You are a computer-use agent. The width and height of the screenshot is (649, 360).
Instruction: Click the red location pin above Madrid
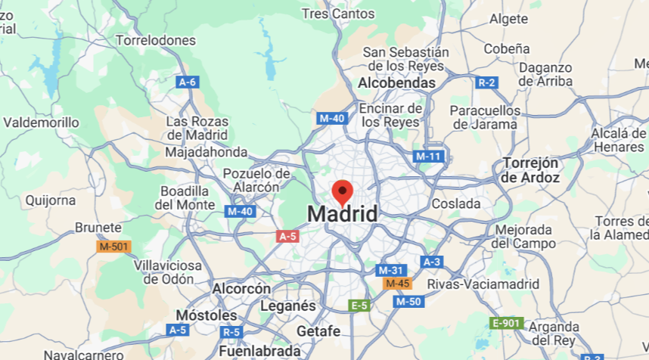343,191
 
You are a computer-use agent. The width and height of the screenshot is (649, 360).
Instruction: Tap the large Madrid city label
342,214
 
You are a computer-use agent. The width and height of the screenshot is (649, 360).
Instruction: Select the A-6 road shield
188,82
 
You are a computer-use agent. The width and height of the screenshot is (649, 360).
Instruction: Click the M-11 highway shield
428,157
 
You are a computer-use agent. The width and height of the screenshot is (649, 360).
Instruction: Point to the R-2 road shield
487,82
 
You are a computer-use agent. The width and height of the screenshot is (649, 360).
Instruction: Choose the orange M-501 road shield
114,247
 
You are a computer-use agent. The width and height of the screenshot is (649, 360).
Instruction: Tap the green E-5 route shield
359,306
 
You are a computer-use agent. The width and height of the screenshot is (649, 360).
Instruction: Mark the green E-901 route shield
507,324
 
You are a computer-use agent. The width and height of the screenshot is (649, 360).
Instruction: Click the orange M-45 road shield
397,284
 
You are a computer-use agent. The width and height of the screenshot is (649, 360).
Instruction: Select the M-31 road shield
391,270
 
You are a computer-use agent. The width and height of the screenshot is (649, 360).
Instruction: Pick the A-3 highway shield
431,262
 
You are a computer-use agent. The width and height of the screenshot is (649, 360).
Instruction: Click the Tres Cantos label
337,14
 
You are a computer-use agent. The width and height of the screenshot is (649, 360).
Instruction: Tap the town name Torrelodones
156,40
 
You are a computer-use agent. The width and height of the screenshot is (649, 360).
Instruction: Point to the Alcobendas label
397,82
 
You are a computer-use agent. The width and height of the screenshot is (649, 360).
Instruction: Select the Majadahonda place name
206,152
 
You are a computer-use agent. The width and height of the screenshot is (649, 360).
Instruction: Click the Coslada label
456,204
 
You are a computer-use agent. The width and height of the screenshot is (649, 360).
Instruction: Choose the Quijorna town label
51,200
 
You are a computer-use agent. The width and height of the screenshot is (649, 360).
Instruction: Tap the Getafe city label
318,331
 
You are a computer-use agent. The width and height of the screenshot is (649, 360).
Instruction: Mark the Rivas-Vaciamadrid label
483,284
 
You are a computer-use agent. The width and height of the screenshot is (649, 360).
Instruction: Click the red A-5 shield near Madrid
287,237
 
